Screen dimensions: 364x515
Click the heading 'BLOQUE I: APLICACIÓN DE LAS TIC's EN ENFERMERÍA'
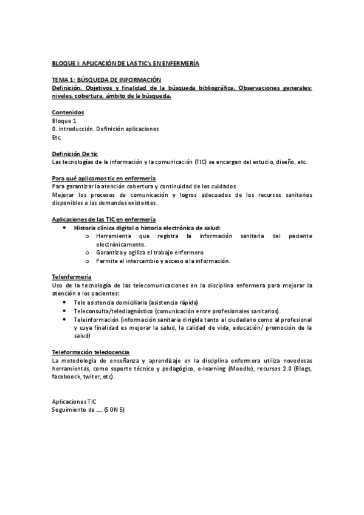(x=126, y=63)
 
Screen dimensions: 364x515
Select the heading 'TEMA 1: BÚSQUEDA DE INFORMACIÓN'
(x=106, y=80)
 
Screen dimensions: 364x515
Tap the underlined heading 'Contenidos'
(x=68, y=113)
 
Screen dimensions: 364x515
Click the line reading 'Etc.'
(x=57, y=137)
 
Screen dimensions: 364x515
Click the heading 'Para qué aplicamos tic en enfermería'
(x=104, y=178)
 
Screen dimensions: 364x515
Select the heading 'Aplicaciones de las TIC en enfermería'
(x=105, y=218)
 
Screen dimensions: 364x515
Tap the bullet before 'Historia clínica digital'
(x=65, y=227)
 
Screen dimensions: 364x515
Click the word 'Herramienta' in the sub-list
(x=113, y=235)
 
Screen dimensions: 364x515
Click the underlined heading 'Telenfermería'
(x=72, y=276)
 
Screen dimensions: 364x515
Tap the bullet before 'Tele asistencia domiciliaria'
(x=65, y=302)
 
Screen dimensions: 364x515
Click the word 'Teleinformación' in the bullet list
(x=95, y=319)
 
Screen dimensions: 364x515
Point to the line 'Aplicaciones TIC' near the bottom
(x=74, y=401)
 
